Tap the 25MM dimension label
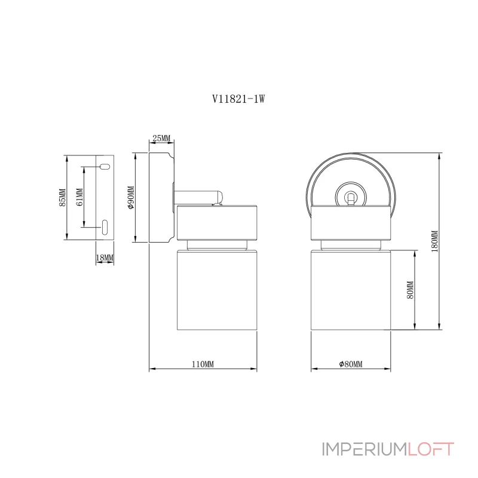161,138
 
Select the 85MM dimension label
62,198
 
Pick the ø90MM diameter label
131,198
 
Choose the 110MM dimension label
203,364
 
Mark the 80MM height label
410,290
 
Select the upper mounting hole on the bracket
104,166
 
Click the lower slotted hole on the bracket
105,227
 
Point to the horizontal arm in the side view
197,195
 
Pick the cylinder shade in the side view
217,289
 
